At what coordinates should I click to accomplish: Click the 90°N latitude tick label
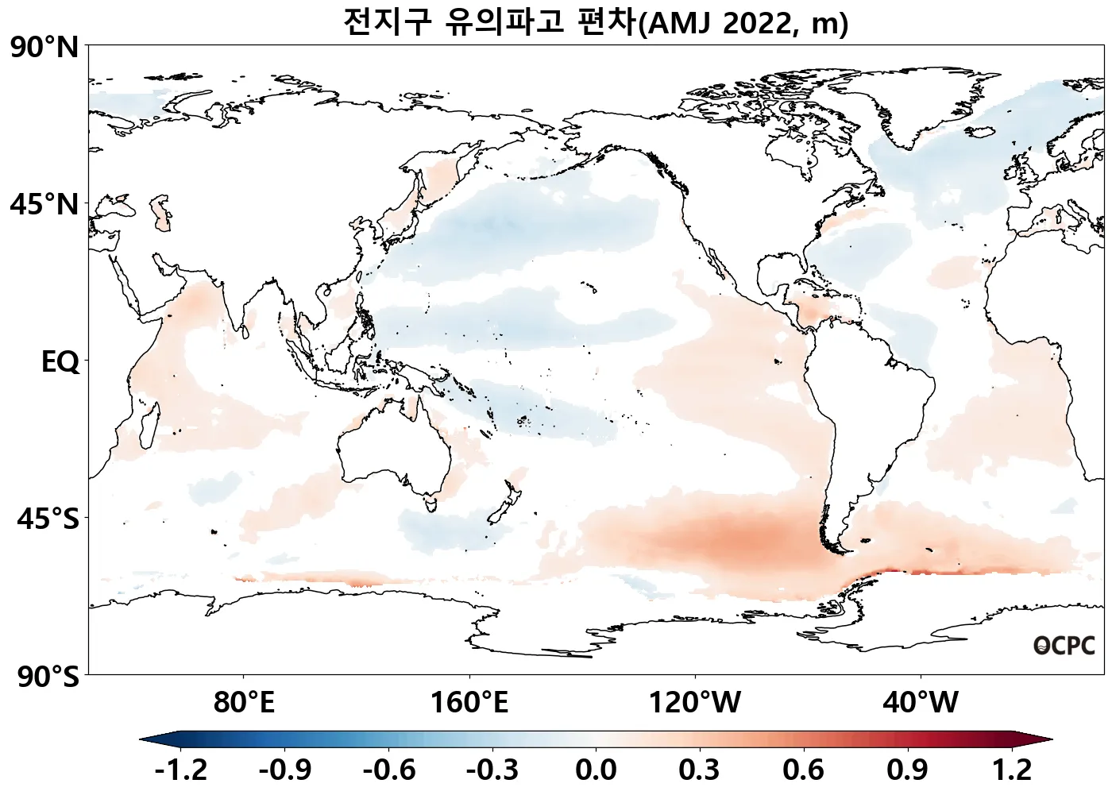[44, 48]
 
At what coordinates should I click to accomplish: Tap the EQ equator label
[60, 362]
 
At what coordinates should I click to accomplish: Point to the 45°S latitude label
[48, 519]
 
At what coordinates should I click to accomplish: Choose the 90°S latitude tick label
[48, 677]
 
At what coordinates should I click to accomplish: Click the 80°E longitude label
[244, 702]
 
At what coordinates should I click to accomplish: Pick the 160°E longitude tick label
[469, 702]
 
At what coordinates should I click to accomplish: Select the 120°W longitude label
[695, 702]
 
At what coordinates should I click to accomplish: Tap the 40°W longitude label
[921, 702]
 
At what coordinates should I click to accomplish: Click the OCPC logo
[1064, 646]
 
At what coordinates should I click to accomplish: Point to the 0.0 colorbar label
[596, 770]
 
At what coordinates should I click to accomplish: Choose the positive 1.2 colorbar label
[1012, 770]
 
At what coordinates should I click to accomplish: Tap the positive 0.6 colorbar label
[803, 770]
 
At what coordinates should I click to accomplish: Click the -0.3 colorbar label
[492, 770]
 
